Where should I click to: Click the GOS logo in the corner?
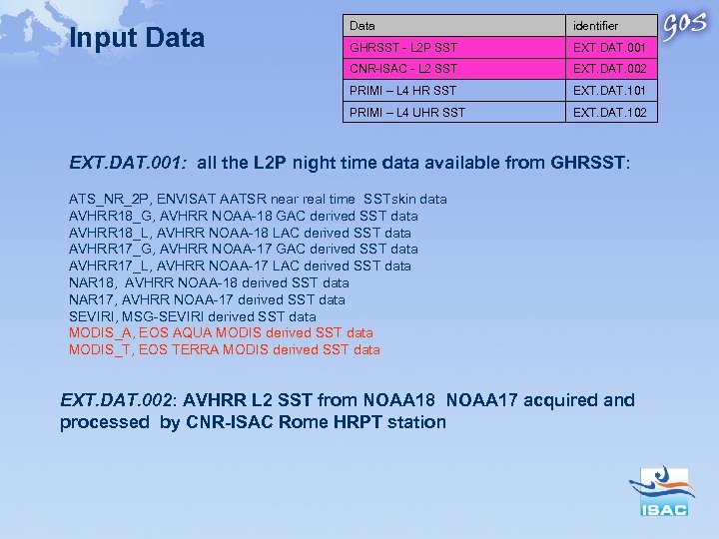tap(688, 27)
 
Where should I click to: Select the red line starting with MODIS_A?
tap(221, 332)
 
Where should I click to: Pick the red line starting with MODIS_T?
tap(225, 349)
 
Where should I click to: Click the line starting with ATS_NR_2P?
tap(258, 199)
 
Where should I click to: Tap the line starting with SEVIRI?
tap(193, 316)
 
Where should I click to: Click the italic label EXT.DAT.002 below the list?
tap(117, 400)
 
